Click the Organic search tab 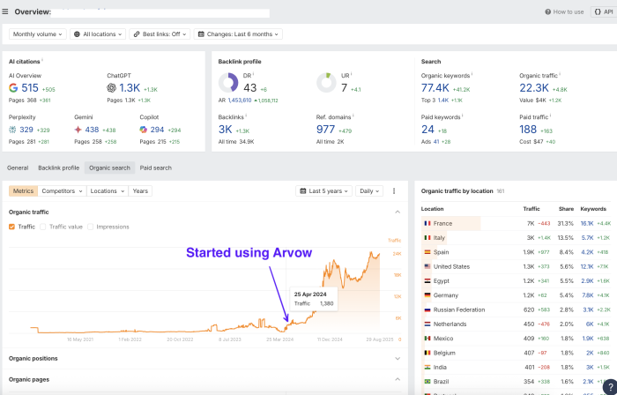coord(109,168)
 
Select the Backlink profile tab coord(58,168)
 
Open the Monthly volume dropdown coord(37,34)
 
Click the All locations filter coord(99,34)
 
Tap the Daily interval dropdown coord(370,190)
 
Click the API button coord(602,11)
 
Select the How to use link coord(565,11)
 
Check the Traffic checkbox coord(11,227)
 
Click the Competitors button coord(62,190)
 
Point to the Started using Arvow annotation coord(249,253)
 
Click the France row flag coord(427,224)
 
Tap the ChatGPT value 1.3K coord(129,88)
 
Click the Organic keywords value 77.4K coord(436,88)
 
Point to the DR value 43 coord(250,88)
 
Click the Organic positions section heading coord(33,358)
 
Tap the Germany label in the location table coord(446,294)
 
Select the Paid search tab coord(156,168)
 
